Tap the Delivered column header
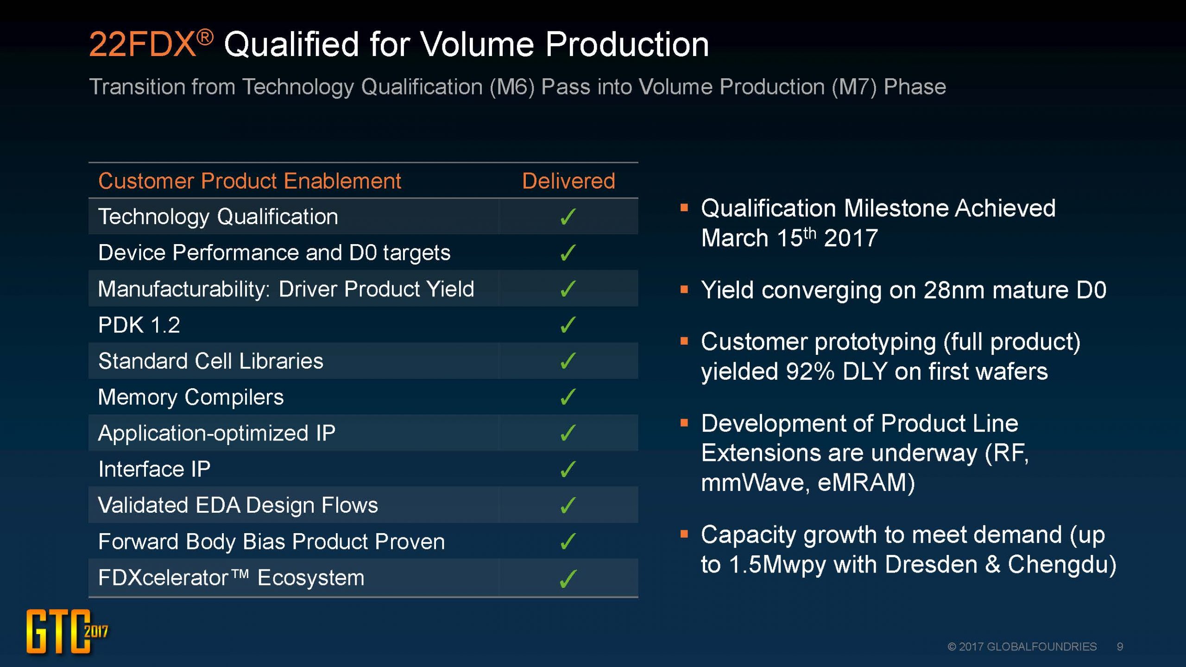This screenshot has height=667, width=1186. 568,181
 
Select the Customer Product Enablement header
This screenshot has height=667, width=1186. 250,181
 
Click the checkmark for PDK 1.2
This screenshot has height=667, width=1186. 568,325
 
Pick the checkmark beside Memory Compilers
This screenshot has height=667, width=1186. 568,397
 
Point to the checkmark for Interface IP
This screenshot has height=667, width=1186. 568,469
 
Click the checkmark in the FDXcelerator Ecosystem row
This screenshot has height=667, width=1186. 568,579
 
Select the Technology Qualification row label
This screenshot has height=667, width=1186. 218,217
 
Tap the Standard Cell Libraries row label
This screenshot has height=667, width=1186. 211,361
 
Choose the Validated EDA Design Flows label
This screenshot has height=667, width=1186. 238,505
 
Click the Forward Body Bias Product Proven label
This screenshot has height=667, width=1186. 271,541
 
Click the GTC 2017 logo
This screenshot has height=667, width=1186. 67,631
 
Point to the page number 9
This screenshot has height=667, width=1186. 1120,647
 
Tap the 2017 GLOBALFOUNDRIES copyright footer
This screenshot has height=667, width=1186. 1022,647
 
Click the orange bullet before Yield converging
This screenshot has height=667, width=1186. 684,290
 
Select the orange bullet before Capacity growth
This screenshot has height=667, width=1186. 684,534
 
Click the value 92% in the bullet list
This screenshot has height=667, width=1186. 810,371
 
